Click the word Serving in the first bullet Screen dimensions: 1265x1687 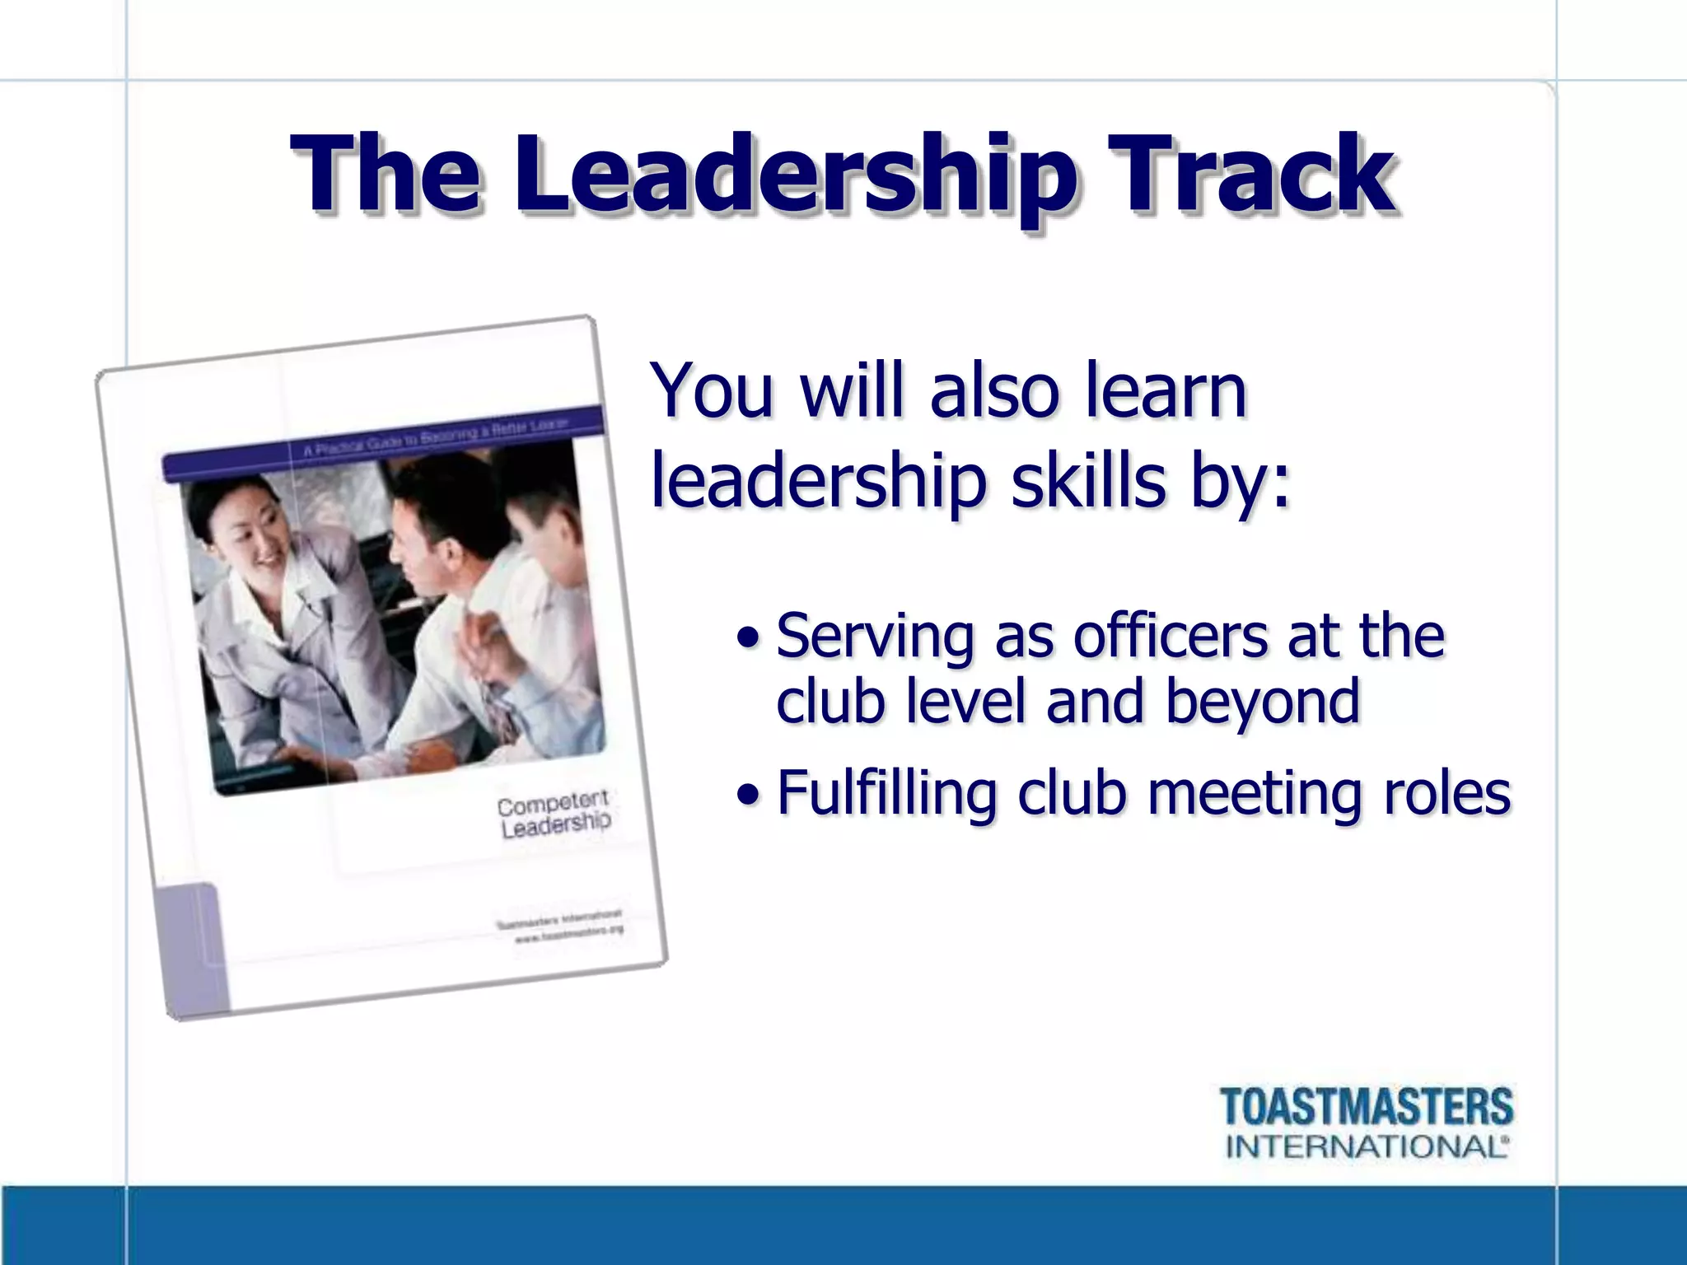pyautogui.click(x=875, y=637)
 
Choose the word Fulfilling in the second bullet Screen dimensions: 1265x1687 pyautogui.click(x=886, y=793)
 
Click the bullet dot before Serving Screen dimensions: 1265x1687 pyautogui.click(x=748, y=637)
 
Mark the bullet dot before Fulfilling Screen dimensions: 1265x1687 pyautogui.click(x=748, y=795)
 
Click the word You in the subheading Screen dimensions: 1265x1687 pyautogui.click(x=713, y=390)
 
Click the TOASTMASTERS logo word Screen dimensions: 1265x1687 pyautogui.click(x=1367, y=1106)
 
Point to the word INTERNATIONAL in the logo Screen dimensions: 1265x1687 pyautogui.click(x=1367, y=1146)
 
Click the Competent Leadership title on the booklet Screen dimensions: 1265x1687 pyautogui.click(x=554, y=814)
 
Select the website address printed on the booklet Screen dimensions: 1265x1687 pyautogui.click(x=569, y=934)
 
